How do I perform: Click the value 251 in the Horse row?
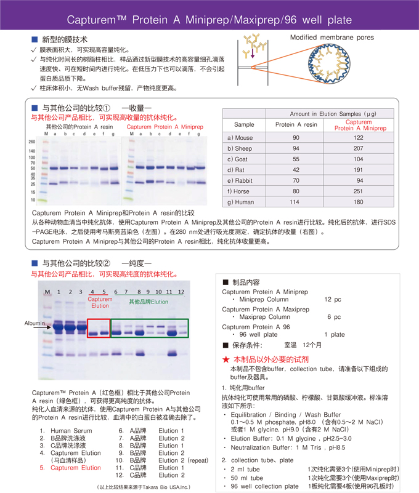click(359, 191)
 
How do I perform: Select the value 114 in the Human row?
click(296, 202)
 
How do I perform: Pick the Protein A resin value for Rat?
click(296, 170)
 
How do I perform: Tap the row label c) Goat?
click(239, 159)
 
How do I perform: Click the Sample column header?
click(243, 124)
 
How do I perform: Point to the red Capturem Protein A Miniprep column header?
click(359, 125)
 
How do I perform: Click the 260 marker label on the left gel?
click(31, 142)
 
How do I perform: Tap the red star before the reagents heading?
click(226, 359)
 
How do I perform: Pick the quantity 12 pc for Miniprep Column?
click(332, 300)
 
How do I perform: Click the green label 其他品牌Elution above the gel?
click(148, 302)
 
